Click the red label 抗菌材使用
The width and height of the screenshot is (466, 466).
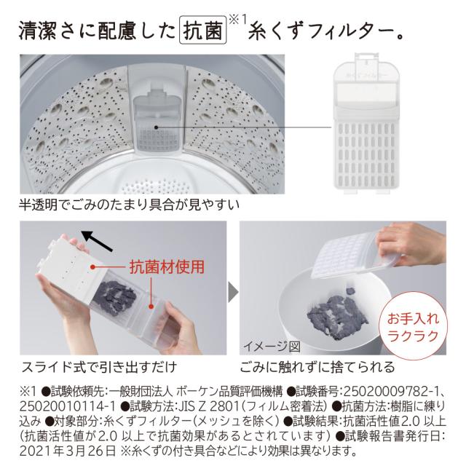tap(167, 267)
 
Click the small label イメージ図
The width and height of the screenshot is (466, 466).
tap(271, 345)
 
